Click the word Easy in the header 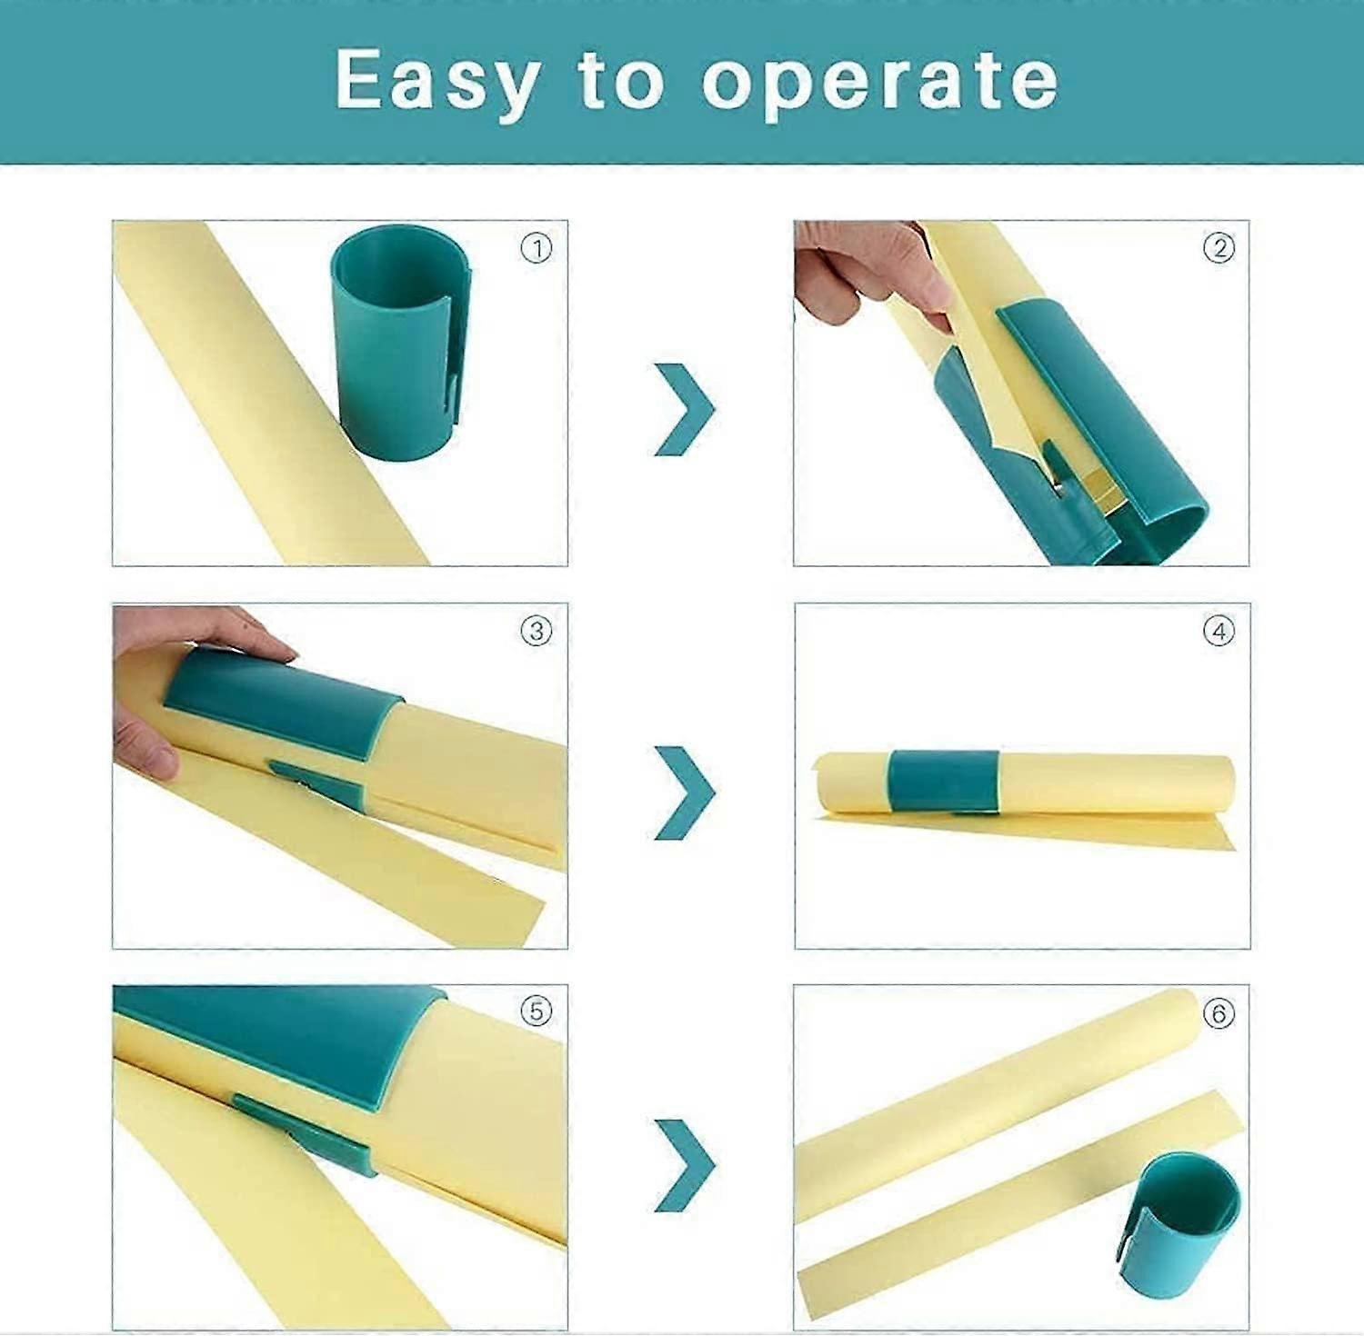pos(437,82)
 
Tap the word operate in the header pos(879,82)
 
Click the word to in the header pos(619,82)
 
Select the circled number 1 pos(537,249)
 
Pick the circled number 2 pos(1219,248)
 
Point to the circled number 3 pos(537,631)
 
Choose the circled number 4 pos(1219,631)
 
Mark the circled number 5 pos(537,1012)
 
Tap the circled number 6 pos(1219,1012)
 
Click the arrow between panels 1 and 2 pos(684,409)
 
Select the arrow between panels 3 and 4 pos(684,792)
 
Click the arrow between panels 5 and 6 pos(684,1165)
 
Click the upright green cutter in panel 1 pos(397,336)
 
